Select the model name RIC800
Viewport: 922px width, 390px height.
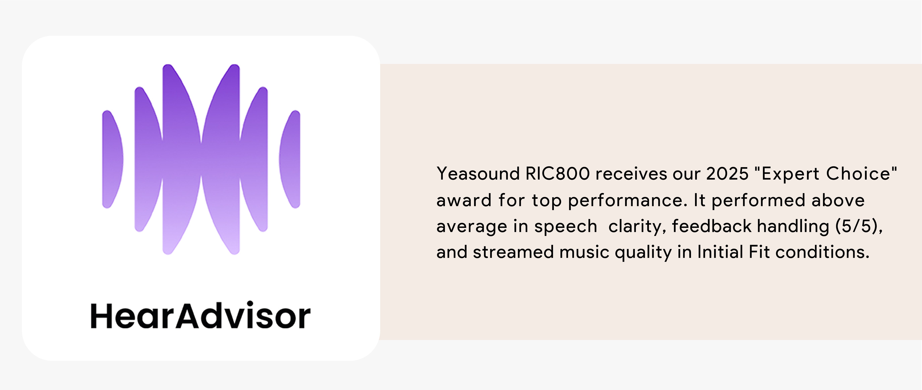[557, 174]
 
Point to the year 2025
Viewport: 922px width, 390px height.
[727, 174]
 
